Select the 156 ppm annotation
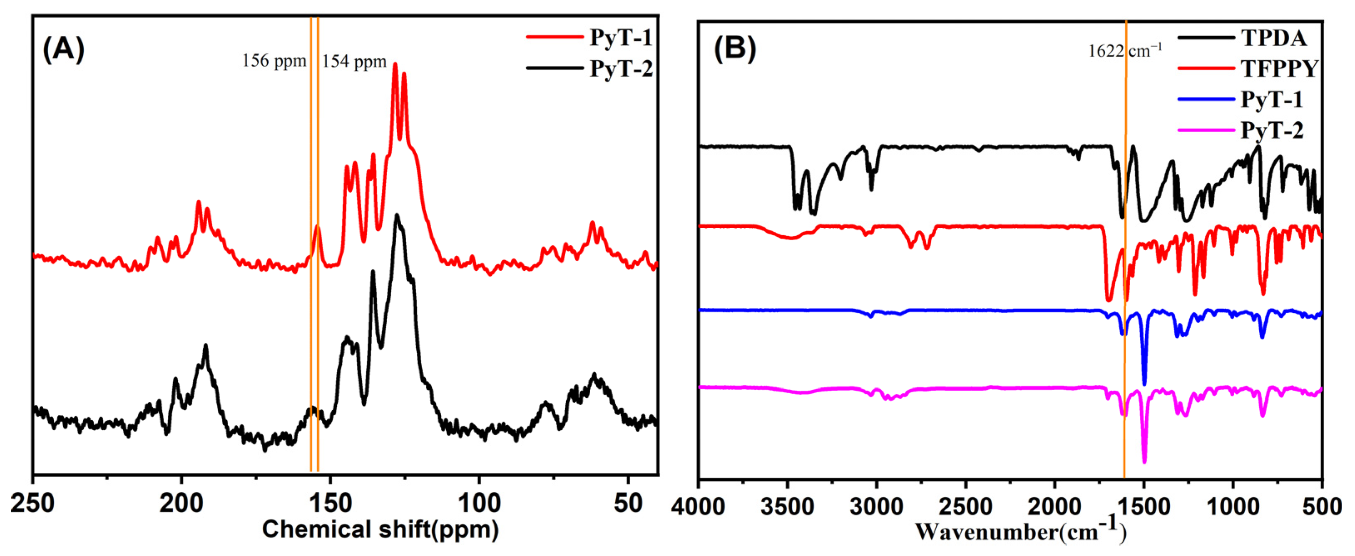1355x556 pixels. (x=274, y=61)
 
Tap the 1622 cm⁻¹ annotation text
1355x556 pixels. (x=1125, y=51)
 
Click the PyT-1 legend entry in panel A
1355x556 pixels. (x=620, y=37)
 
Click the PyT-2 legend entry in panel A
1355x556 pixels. (x=620, y=68)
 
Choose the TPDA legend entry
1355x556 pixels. (x=1273, y=38)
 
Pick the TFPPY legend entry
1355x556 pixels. (x=1278, y=68)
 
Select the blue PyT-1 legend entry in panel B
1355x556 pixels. (x=1271, y=100)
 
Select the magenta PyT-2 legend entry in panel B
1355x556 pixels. (x=1271, y=130)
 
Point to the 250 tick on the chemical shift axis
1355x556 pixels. (x=32, y=504)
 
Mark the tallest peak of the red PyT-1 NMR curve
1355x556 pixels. (x=395, y=64)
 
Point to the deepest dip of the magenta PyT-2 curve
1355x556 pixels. (x=1144, y=462)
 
